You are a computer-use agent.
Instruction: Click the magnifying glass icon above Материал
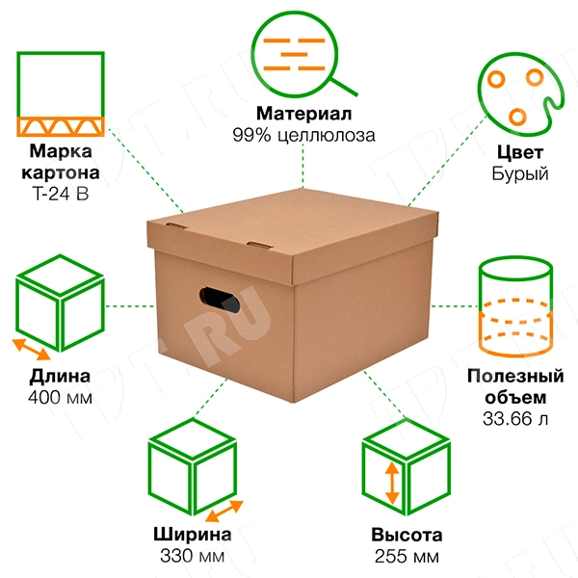(x=304, y=54)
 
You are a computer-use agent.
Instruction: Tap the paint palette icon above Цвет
(x=521, y=94)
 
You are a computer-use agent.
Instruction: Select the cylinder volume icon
(x=515, y=306)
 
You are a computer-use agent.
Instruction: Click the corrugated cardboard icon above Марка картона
(x=61, y=94)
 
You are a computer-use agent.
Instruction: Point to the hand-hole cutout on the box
(x=220, y=299)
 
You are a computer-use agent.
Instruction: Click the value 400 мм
(x=60, y=398)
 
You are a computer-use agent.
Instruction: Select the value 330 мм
(x=192, y=556)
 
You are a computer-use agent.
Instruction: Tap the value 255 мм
(x=407, y=556)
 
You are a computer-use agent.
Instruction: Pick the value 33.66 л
(x=515, y=419)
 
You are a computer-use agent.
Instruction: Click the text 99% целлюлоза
(x=304, y=135)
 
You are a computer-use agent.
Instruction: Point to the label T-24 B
(x=61, y=194)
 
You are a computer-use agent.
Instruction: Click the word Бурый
(x=520, y=173)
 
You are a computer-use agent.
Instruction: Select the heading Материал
(x=304, y=114)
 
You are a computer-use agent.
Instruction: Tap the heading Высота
(x=407, y=535)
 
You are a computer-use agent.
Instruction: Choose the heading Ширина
(x=193, y=535)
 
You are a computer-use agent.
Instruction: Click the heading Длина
(x=60, y=377)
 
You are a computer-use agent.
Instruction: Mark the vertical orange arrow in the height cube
(x=392, y=484)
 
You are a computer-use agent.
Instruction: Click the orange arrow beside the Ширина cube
(x=224, y=511)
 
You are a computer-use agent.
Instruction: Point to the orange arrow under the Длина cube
(x=32, y=350)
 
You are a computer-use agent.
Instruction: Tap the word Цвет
(x=520, y=152)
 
